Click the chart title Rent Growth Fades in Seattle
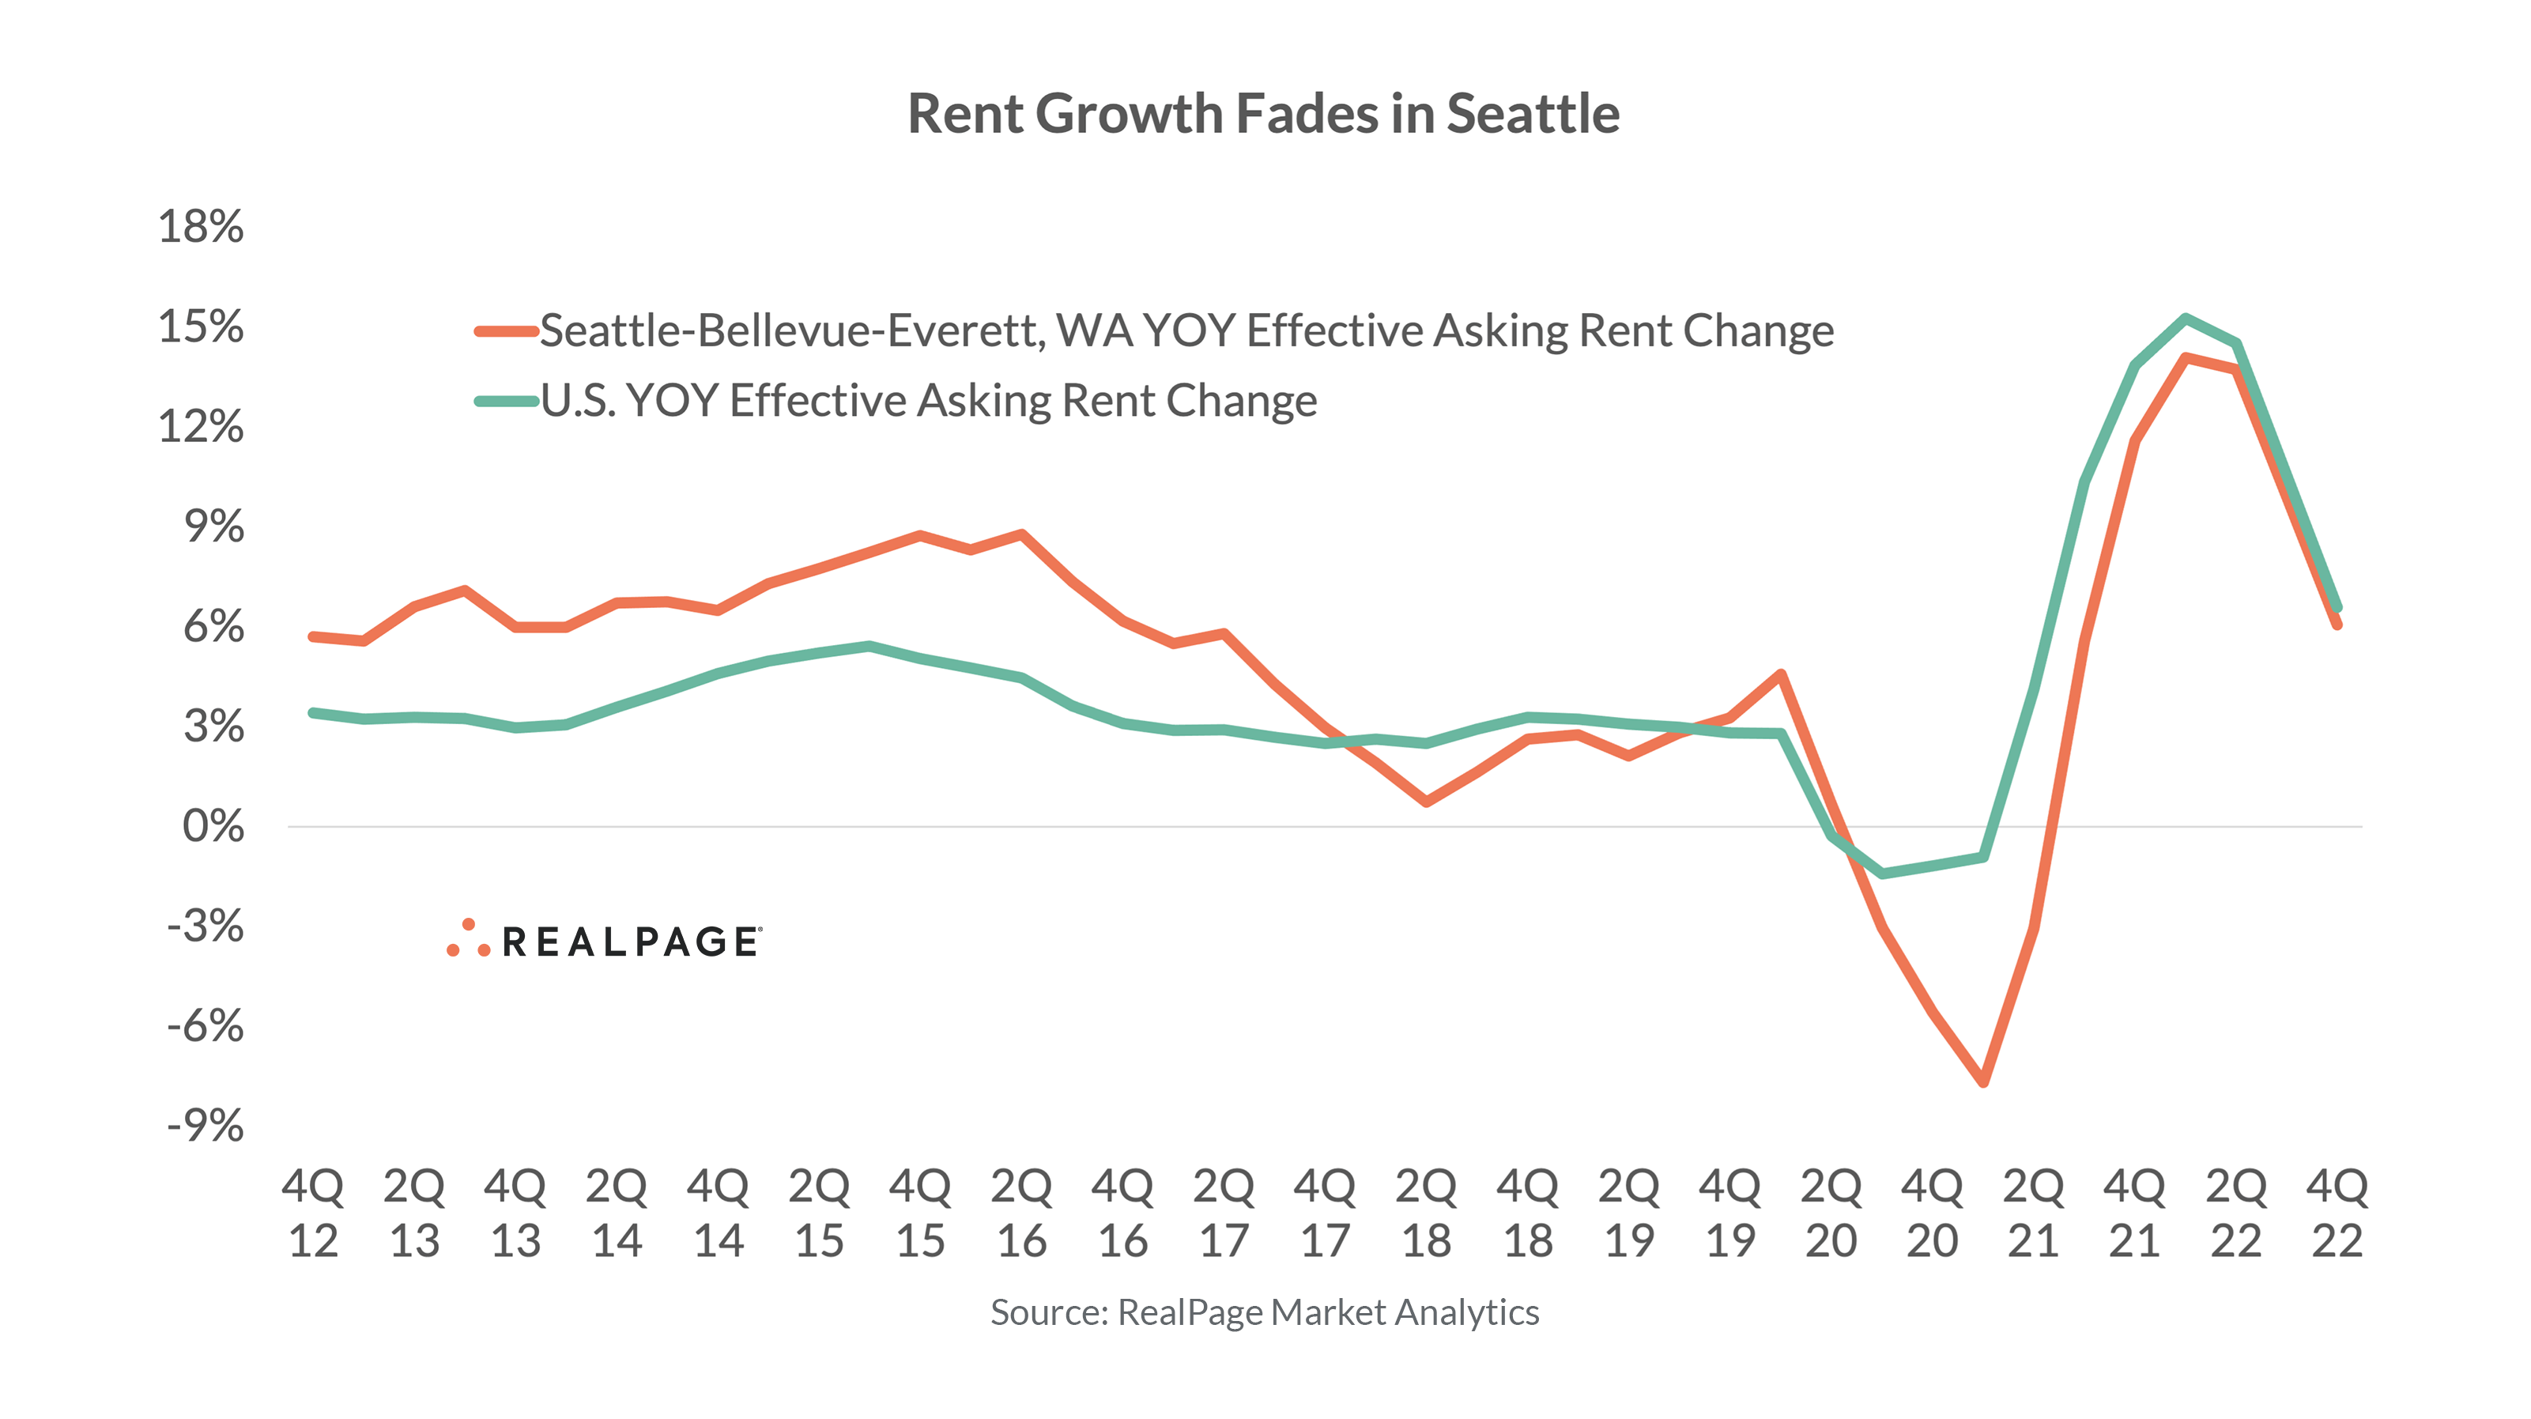coord(1264,114)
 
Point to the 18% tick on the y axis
coord(201,227)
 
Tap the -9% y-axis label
coord(205,1127)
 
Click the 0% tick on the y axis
coord(212,826)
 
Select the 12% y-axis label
coord(201,428)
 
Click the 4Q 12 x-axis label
coord(314,1213)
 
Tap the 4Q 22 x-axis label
coord(2337,1213)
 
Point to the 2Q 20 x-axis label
coord(1831,1213)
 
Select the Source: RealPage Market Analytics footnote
coord(1264,1313)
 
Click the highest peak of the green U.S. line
coord(2184,318)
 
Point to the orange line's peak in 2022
coord(2184,357)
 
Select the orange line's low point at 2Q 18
coord(1427,802)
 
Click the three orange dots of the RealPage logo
coord(468,939)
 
